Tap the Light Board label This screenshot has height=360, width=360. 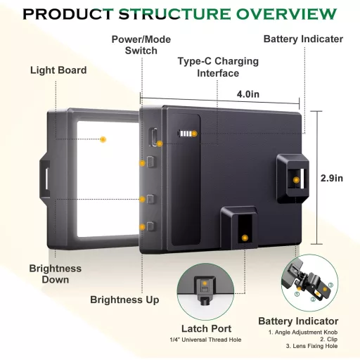point(58,70)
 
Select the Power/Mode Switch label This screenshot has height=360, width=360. point(141,45)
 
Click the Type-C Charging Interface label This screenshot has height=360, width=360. point(218,67)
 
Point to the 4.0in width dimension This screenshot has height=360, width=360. point(248,94)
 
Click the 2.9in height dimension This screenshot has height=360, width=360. point(332,179)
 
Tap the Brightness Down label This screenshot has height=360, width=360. point(56,274)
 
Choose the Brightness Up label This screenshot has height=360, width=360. point(124,300)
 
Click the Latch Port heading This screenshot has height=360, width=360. point(206,328)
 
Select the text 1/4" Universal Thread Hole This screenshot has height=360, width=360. point(205,340)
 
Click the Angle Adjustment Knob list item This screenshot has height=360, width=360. point(303,333)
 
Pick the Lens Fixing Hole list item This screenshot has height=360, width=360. point(311,346)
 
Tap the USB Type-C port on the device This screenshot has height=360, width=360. point(154,137)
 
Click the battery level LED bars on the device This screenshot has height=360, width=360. point(186,134)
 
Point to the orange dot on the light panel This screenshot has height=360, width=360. point(103,139)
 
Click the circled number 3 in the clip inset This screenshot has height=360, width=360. point(330,285)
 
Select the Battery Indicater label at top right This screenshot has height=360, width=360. point(303,39)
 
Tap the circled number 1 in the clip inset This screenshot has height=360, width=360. point(297,294)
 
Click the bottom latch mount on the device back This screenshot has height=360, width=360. point(239,227)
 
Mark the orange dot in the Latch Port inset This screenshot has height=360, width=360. point(205,283)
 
